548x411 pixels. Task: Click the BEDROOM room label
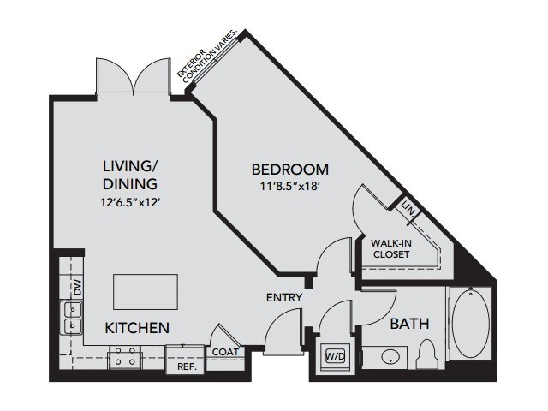(290, 170)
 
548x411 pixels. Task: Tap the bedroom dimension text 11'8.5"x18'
(290, 187)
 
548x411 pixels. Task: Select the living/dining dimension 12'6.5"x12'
(130, 202)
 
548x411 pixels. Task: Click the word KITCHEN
(137, 328)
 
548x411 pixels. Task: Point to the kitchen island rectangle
(146, 292)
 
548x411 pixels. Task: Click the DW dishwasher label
(78, 288)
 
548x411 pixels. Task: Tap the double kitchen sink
(72, 318)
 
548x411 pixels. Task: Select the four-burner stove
(126, 357)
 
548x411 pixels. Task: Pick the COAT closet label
(225, 352)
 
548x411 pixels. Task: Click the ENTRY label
(284, 297)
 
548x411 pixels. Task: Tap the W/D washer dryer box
(335, 356)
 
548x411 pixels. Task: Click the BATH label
(409, 324)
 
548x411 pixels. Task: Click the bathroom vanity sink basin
(390, 358)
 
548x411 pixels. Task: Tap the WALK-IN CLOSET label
(391, 248)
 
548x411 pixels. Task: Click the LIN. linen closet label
(408, 209)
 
